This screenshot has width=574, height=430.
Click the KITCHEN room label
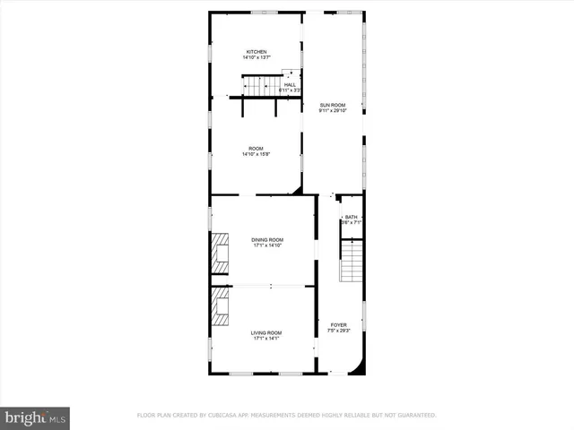[257, 52]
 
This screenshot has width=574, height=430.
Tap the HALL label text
[290, 85]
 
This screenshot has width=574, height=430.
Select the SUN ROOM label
[333, 106]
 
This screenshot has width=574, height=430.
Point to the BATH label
[351, 217]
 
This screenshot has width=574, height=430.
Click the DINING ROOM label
[267, 239]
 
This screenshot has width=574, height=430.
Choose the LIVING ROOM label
[267, 333]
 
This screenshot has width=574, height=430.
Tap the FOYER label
[338, 325]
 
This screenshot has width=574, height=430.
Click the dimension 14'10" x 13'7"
[257, 58]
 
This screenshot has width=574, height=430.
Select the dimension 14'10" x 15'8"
[256, 154]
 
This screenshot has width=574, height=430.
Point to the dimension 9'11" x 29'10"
[333, 112]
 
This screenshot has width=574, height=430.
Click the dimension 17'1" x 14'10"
[267, 245]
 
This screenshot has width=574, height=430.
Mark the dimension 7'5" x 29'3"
[338, 331]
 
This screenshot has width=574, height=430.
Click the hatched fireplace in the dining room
[220, 254]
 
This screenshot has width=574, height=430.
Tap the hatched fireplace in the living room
[220, 309]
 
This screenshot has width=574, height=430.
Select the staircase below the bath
[353, 262]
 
